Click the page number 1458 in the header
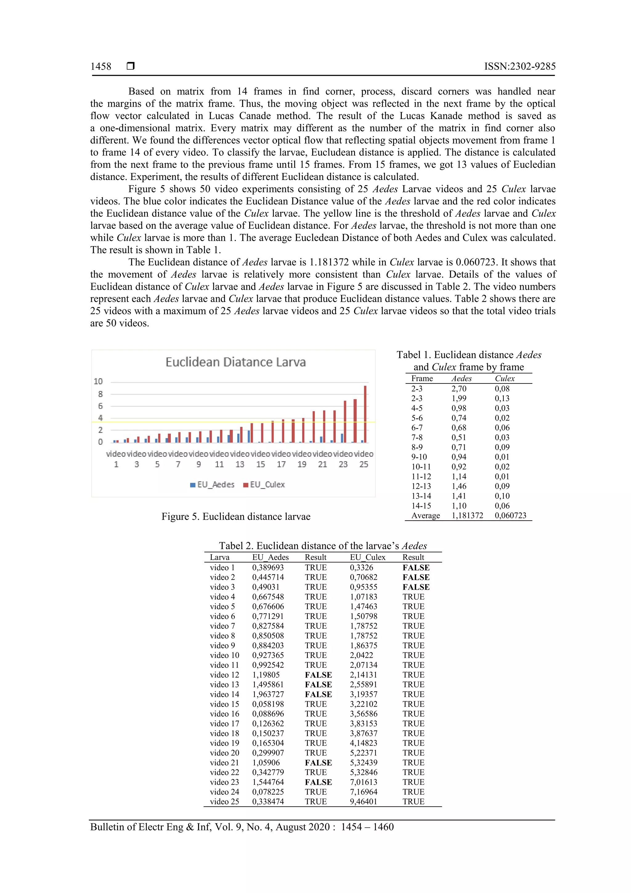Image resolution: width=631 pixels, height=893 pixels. click(x=101, y=67)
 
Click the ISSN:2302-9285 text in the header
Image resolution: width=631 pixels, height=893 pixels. click(x=519, y=67)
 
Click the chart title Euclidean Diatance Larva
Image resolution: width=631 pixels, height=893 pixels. click(x=236, y=362)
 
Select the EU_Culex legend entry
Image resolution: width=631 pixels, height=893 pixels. click(x=264, y=485)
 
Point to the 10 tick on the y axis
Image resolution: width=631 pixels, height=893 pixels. click(x=98, y=382)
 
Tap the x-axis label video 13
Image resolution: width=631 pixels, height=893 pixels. click(x=240, y=459)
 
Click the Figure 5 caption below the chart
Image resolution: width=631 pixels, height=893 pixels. click(x=236, y=517)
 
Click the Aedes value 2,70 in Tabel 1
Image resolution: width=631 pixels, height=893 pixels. click(x=459, y=388)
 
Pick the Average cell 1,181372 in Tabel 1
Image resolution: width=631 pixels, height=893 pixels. click(x=467, y=515)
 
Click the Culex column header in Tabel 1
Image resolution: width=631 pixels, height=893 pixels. click(x=504, y=379)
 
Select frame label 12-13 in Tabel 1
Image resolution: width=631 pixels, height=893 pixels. click(x=421, y=486)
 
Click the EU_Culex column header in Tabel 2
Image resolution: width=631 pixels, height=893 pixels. click(x=367, y=557)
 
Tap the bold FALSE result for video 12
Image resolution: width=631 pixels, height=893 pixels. click(x=318, y=675)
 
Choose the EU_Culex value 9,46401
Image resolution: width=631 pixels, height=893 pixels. click(x=363, y=801)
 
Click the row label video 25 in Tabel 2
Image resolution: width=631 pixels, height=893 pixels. click(x=224, y=801)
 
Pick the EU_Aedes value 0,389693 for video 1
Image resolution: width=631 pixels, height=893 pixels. click(x=268, y=567)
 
